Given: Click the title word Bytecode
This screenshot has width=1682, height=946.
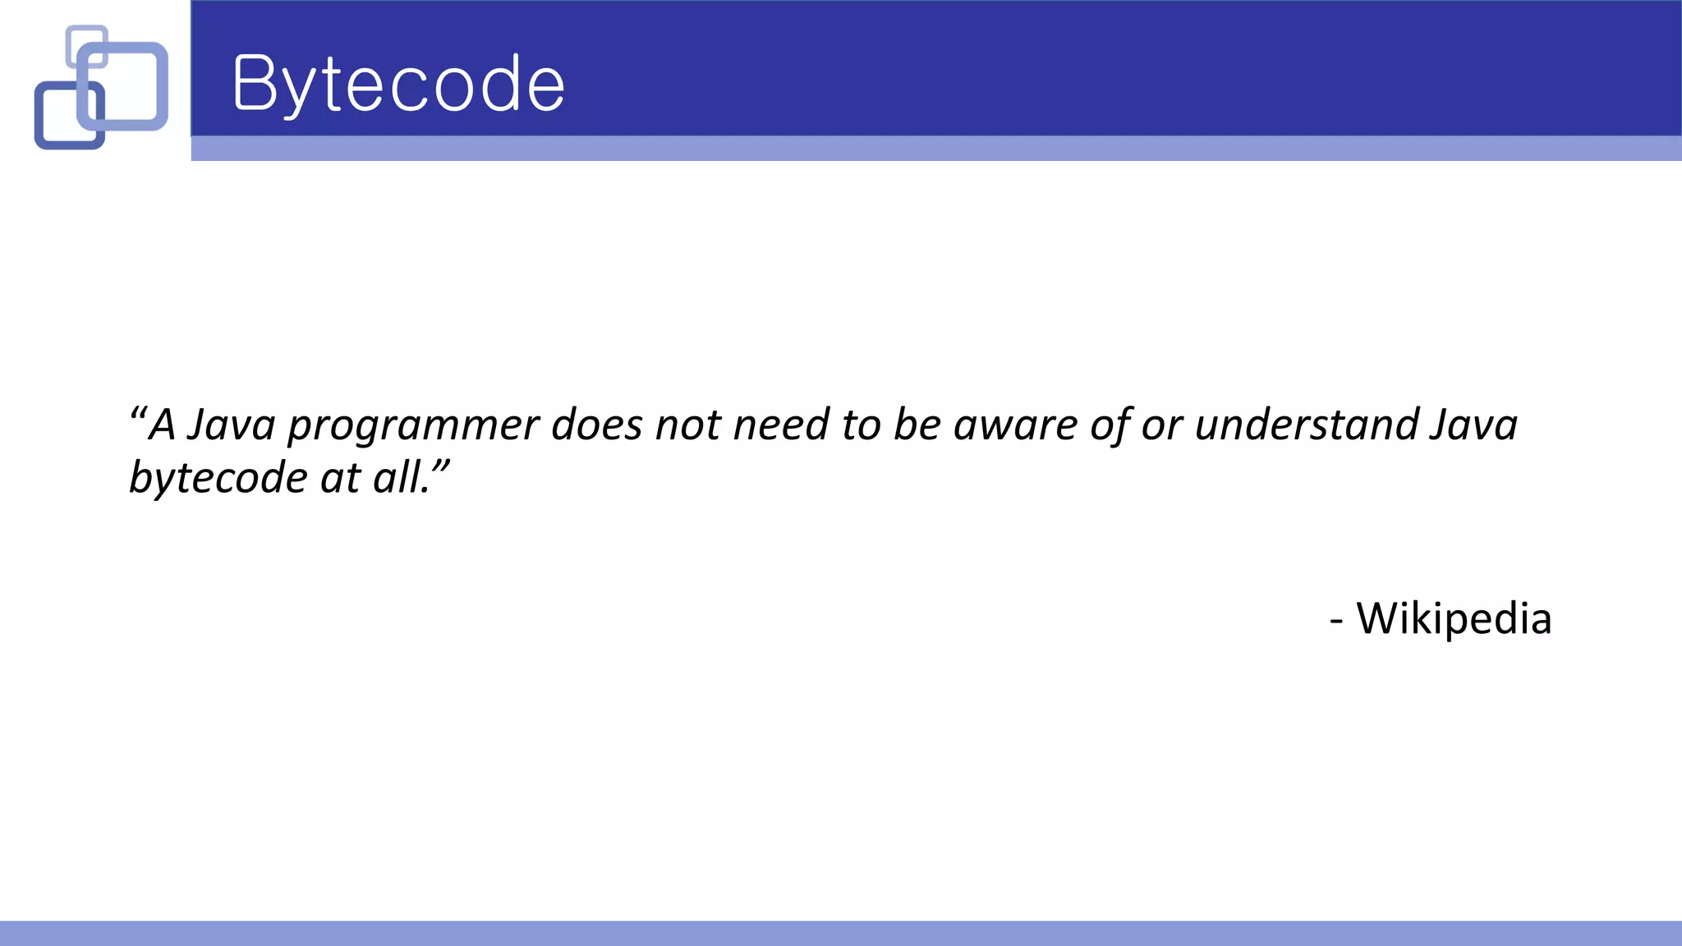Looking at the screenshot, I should [399, 85].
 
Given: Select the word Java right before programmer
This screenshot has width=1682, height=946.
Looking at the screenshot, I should [231, 425].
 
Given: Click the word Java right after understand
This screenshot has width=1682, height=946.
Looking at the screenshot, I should [1473, 425].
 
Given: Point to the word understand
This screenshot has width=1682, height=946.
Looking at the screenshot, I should [1307, 425].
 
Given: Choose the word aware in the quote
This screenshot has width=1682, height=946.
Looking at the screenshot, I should [1015, 425].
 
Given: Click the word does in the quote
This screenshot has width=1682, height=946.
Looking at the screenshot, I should [596, 425].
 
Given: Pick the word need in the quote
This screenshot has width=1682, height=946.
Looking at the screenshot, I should [781, 425].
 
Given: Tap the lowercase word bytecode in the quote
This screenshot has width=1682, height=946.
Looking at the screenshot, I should [218, 478].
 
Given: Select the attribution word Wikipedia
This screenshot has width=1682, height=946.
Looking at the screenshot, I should [1454, 618].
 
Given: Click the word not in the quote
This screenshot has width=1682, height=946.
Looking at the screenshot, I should [687, 425].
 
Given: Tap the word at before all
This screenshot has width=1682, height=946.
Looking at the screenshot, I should [340, 478].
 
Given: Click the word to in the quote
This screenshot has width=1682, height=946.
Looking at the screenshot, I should [861, 425].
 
